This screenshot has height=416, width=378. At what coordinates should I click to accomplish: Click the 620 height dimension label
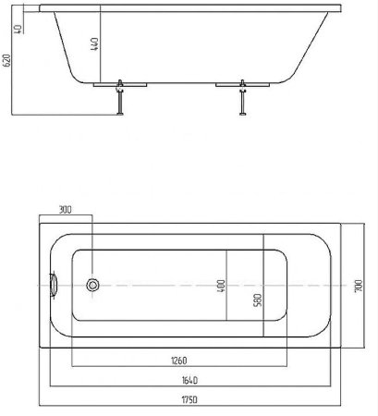point(6,60)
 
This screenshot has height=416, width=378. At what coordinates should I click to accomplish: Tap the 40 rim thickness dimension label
point(18,29)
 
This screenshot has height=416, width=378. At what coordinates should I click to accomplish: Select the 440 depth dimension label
point(94,44)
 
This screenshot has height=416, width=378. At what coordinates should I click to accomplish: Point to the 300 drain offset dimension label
point(65,210)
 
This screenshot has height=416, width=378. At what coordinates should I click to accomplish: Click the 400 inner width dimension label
point(221,286)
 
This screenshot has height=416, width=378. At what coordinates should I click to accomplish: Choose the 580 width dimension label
point(258,300)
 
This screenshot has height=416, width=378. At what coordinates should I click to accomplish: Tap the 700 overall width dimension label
point(359,286)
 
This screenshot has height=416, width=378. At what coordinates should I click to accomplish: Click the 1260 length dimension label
point(178,361)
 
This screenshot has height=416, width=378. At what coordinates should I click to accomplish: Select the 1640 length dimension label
point(189,381)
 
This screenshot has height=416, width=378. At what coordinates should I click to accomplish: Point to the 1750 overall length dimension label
point(189,400)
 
